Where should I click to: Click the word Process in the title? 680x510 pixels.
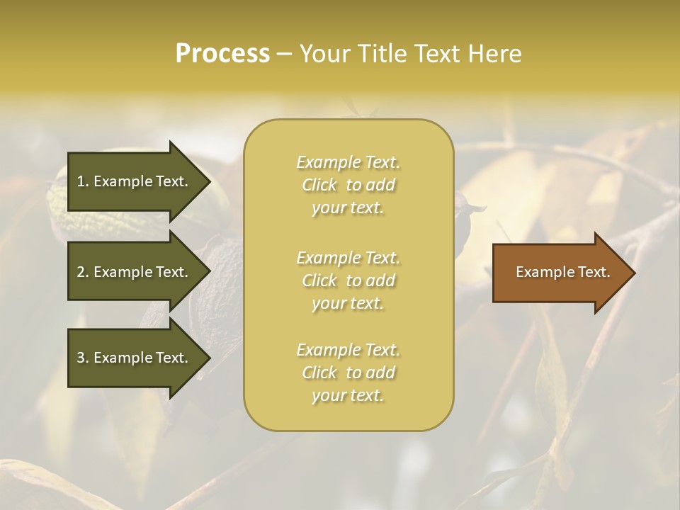pos(222,54)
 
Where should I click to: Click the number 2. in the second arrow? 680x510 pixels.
pos(83,272)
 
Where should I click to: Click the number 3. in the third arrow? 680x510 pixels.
pos(83,358)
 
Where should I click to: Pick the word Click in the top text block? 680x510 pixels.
pos(319,186)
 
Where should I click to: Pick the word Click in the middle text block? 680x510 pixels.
pos(319,281)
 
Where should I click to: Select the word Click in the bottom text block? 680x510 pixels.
pos(319,373)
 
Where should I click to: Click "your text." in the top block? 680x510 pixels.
pos(348,208)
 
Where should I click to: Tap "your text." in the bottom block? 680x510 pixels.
pos(348,396)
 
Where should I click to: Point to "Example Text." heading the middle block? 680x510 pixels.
pos(348,258)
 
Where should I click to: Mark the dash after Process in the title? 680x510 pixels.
pos(284,54)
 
